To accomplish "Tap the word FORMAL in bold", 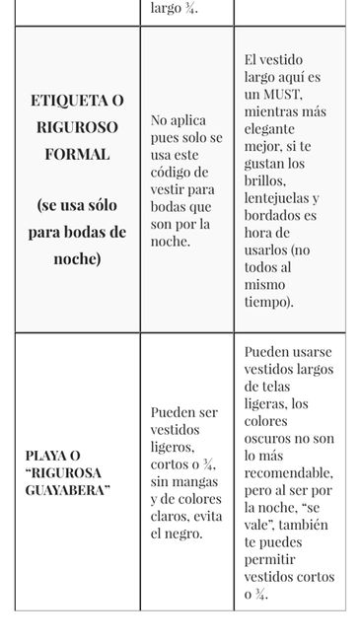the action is pos(77,154).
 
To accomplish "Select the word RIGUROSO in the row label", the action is pos(77,127).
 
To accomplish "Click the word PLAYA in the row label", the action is pos(50,456).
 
